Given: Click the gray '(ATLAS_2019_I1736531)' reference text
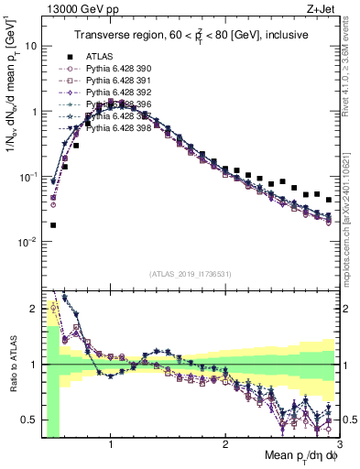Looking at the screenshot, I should (191, 274).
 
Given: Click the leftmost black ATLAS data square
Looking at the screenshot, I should (53, 225).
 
